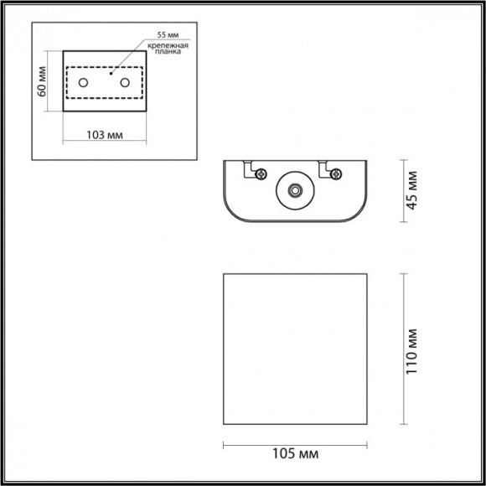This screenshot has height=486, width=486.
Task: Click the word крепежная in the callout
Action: click(x=169, y=46)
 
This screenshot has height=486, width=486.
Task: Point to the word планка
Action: click(x=170, y=54)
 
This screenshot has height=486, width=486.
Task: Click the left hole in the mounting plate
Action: click(x=83, y=82)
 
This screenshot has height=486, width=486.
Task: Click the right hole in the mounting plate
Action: click(x=126, y=82)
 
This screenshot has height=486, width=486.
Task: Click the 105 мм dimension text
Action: click(x=295, y=454)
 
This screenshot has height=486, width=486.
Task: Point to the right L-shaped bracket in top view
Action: click(x=323, y=168)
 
